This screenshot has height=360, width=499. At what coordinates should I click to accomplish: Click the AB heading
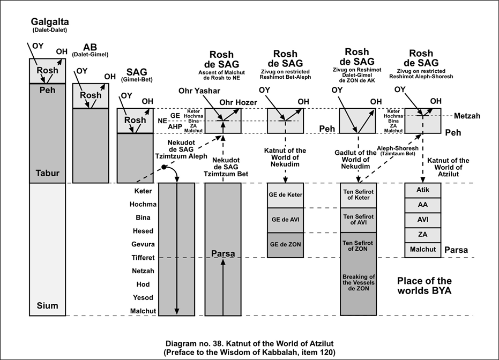click(90, 47)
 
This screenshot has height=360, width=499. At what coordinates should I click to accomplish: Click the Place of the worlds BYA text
click(423, 286)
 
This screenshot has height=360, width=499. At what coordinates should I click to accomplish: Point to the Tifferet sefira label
click(143, 258)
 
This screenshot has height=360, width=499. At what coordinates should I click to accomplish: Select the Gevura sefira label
click(143, 244)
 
